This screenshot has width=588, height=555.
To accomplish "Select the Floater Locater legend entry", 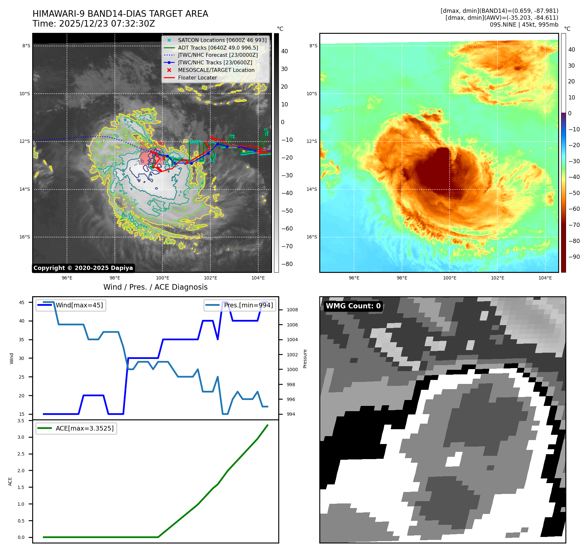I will [197, 78].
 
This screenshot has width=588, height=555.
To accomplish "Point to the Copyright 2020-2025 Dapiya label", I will [83, 268].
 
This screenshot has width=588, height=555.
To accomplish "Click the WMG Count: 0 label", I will [353, 306].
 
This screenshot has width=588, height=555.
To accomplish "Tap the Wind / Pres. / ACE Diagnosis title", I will [155, 287].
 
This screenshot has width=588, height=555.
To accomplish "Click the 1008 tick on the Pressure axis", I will [292, 310].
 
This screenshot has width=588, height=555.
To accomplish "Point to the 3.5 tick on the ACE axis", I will [21, 421].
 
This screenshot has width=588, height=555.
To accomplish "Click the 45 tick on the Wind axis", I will [22, 302].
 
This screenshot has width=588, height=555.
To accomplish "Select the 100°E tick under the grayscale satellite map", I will [162, 278].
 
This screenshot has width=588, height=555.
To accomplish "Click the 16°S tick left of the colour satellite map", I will [312, 237].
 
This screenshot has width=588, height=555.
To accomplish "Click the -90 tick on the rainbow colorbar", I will [574, 257].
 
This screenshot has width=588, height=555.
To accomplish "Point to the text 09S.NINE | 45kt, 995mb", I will [524, 25].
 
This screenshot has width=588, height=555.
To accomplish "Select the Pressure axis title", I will [305, 359].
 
